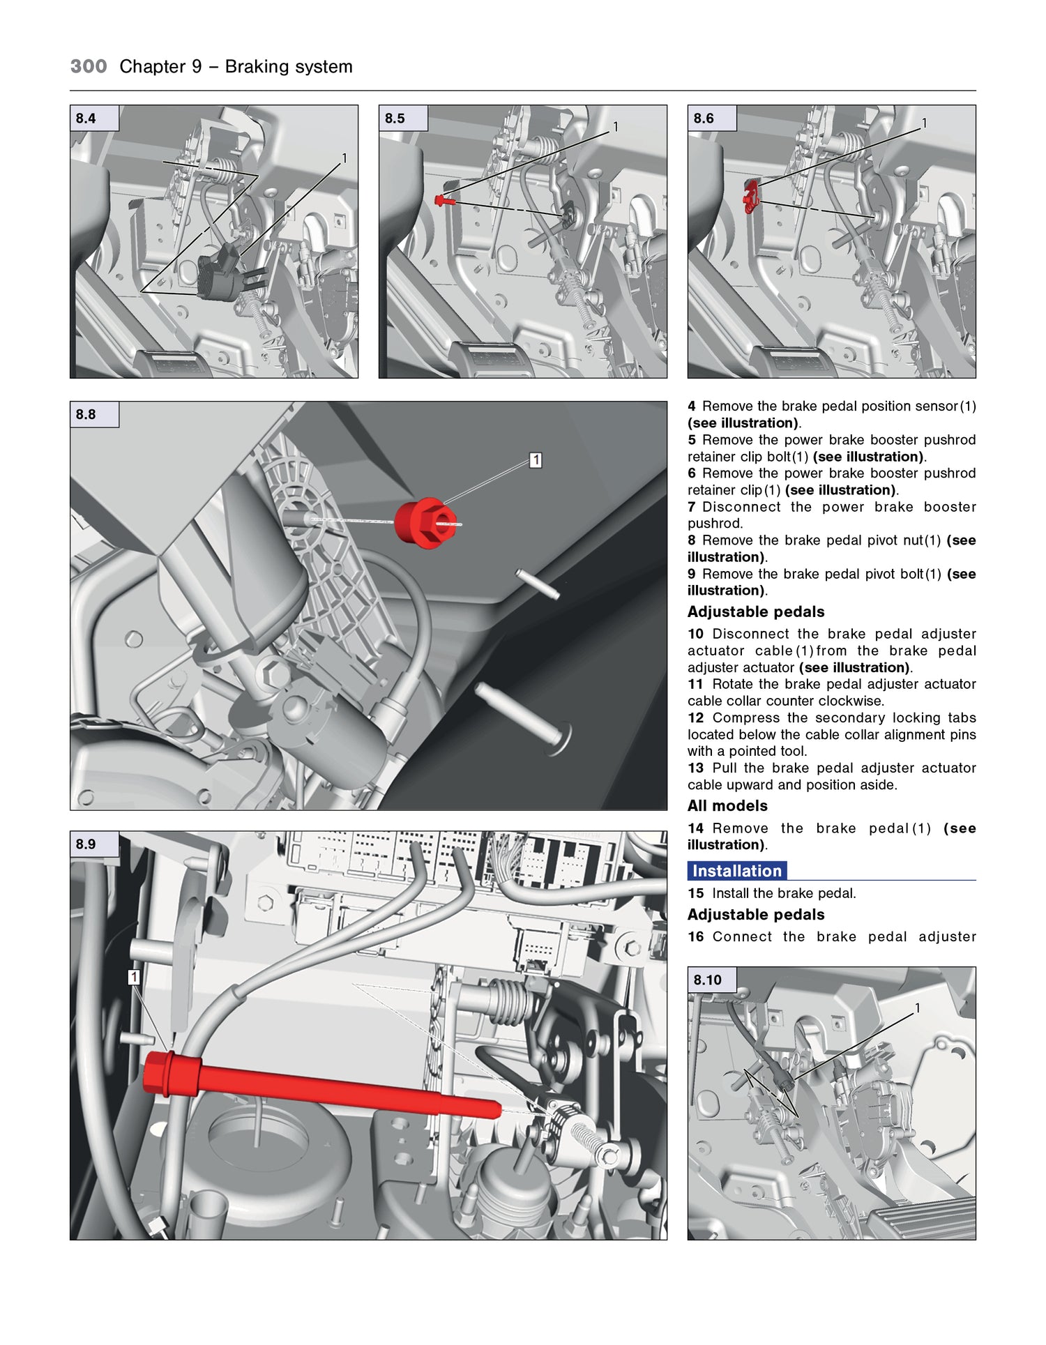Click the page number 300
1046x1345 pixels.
[x=89, y=67]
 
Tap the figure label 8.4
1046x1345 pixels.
[x=86, y=119]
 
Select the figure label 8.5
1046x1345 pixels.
[x=395, y=119]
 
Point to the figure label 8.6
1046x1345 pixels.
[x=704, y=119]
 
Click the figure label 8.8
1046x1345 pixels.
[x=86, y=414]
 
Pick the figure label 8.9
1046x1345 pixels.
[x=86, y=844]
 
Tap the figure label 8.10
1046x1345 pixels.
[x=707, y=980]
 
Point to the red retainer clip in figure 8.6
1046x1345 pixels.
[x=750, y=197]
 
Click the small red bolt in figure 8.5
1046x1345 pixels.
[x=444, y=201]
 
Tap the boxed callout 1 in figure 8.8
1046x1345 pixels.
[x=536, y=460]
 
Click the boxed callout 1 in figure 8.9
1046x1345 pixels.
[x=134, y=978]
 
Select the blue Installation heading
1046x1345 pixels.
[x=737, y=871]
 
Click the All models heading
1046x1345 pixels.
[x=727, y=806]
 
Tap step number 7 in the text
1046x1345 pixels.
[x=692, y=507]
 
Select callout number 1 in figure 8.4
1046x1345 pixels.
[x=344, y=159]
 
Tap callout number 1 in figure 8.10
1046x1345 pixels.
[x=918, y=1008]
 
